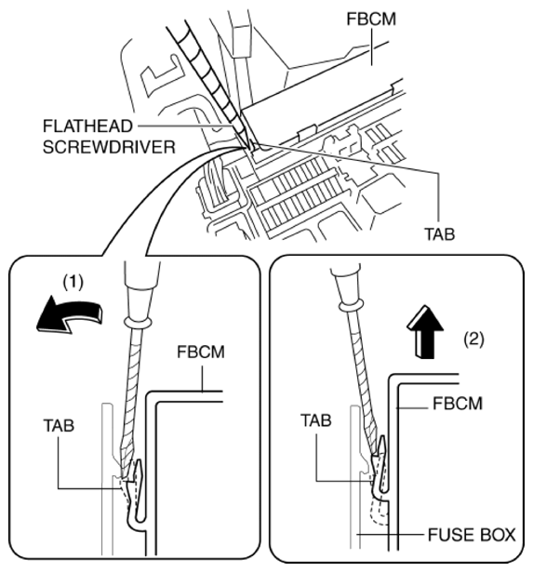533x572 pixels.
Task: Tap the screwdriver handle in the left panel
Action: click(x=137, y=294)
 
